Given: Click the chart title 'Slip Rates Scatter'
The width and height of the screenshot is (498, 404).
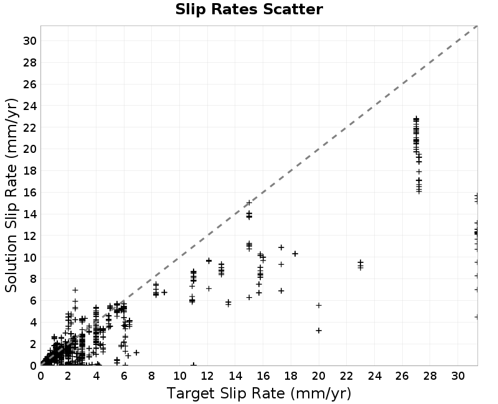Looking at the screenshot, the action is click(x=249, y=9).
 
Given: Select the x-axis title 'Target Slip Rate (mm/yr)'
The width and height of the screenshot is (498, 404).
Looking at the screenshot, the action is click(x=259, y=393).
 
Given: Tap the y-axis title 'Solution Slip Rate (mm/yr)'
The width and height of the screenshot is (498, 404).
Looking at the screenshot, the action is click(x=11, y=195).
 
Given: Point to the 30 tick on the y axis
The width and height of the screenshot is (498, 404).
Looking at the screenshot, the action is click(x=30, y=41).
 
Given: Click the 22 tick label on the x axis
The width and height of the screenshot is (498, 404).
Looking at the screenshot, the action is click(x=347, y=376).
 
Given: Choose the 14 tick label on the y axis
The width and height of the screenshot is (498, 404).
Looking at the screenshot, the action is click(x=30, y=214).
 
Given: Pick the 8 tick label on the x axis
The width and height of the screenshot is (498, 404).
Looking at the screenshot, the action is click(x=151, y=376).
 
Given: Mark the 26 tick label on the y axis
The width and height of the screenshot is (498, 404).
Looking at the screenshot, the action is click(x=30, y=85).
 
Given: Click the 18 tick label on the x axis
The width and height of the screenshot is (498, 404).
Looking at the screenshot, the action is click(x=291, y=376).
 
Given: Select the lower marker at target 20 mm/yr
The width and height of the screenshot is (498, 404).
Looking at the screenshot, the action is click(x=319, y=331).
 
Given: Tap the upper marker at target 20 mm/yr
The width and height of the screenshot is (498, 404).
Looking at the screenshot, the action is click(x=319, y=305).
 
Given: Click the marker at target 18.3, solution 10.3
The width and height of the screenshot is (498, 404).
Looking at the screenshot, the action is click(x=295, y=254).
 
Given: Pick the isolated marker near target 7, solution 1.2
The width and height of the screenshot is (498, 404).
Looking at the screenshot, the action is click(x=136, y=352).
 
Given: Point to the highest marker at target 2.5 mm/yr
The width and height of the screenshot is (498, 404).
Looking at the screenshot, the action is click(x=75, y=290).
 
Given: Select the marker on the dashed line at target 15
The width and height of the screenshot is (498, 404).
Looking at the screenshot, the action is click(x=250, y=203).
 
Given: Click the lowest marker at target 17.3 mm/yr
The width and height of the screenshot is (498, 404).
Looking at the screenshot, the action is click(x=281, y=291).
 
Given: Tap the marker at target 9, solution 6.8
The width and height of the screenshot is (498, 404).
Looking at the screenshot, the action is click(x=164, y=292).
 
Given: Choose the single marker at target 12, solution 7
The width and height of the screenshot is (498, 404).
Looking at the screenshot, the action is click(x=209, y=288).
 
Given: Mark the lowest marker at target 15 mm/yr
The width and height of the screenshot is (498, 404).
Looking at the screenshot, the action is click(x=250, y=298).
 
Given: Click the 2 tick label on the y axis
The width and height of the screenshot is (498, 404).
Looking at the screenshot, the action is click(x=34, y=344).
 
